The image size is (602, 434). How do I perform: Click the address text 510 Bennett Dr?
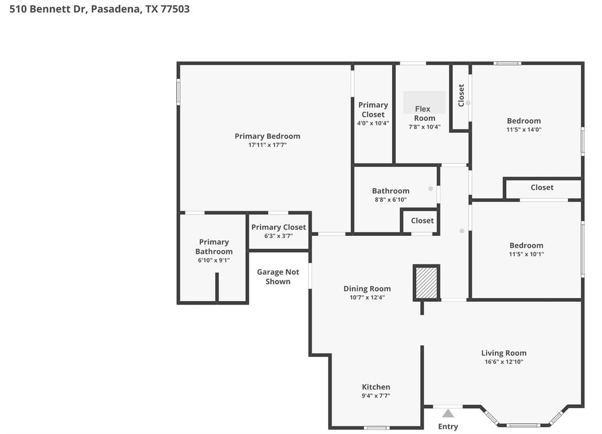(x=49, y=9)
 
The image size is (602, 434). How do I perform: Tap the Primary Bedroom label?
(x=267, y=136)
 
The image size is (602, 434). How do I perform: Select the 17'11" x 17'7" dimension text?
(x=267, y=145)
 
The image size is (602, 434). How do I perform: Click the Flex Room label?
(x=424, y=113)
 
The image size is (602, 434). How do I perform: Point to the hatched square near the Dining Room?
(x=427, y=283)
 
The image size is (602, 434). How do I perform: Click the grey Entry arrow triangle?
(x=447, y=413)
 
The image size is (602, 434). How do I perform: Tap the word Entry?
(x=448, y=426)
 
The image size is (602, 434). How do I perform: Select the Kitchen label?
(x=376, y=387)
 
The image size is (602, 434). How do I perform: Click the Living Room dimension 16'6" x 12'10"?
(x=504, y=362)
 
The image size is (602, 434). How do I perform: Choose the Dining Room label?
(x=367, y=288)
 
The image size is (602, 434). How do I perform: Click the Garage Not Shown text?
(x=278, y=276)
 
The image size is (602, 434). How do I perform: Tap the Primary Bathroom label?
(x=214, y=246)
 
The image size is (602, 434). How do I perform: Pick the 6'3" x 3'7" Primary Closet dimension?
(x=278, y=236)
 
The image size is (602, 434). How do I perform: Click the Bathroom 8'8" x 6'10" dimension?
(x=390, y=199)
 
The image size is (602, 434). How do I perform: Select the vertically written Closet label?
(x=461, y=95)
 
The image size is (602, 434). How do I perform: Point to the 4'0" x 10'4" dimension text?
(x=373, y=123)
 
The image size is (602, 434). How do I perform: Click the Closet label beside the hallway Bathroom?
(x=422, y=221)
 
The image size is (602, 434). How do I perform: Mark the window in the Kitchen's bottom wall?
(x=377, y=428)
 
